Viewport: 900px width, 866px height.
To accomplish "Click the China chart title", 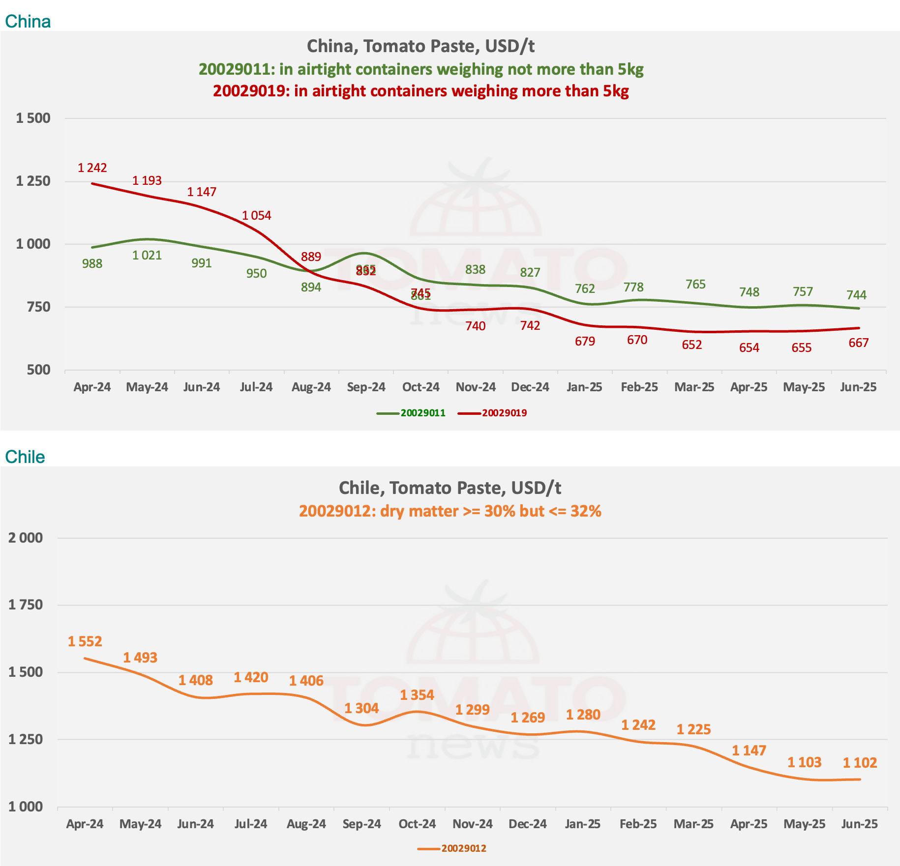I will [420, 46].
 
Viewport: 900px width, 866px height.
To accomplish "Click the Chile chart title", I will [450, 488].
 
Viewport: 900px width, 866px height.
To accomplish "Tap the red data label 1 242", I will [92, 168].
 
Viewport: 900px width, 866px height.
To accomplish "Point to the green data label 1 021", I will [147, 256].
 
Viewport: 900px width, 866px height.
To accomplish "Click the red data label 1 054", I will [256, 216].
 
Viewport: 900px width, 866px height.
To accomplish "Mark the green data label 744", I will [856, 295].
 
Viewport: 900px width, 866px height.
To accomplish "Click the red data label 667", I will [858, 343].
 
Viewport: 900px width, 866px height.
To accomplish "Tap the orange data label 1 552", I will [85, 641].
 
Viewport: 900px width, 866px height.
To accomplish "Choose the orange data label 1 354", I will [417, 695].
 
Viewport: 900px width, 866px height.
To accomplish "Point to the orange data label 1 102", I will [860, 763].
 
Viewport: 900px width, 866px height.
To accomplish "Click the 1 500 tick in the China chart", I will [33, 118].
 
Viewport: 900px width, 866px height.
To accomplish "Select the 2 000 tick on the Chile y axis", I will [26, 538].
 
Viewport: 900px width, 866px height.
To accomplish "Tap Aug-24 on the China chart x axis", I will [311, 387].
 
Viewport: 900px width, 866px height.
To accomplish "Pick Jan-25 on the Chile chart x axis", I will [583, 824].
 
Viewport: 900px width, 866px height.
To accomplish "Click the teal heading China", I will [28, 22].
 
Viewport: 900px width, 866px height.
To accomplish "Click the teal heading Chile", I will [25, 457].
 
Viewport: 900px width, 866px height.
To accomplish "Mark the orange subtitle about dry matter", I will [450, 511].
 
